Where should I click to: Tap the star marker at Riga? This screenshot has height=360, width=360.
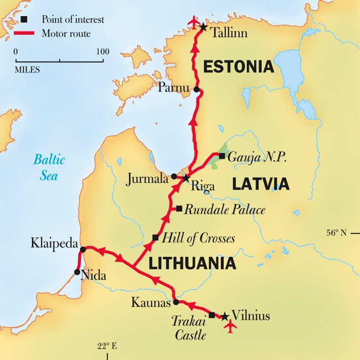coord(186,178)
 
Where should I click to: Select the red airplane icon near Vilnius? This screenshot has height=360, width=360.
coord(230,327)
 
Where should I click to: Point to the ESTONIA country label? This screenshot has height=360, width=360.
coord(238,67)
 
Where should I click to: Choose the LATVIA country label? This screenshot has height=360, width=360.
coord(260,183)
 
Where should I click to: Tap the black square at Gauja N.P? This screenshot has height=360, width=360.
coord(222,156)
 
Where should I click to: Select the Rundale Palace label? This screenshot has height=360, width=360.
coord(225,210)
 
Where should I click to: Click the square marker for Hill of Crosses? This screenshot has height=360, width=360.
coord(156,238)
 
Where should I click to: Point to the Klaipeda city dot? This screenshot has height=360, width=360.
coord(83,249)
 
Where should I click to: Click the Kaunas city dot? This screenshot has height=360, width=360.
coord(176,302)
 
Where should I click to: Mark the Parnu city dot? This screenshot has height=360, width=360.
coord(196,89)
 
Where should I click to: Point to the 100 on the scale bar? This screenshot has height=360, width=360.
coord(102,52)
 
